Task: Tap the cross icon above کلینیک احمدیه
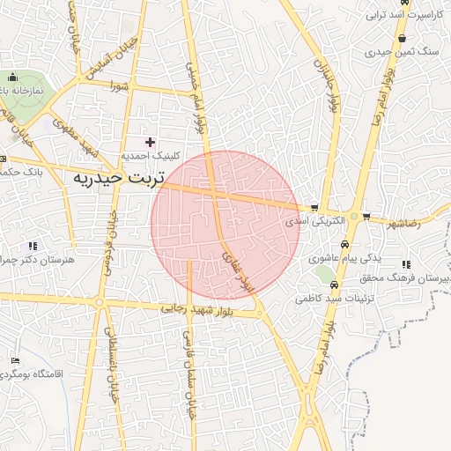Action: click(x=150, y=141)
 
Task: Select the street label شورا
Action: click(x=119, y=86)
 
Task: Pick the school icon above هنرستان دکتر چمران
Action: click(x=33, y=246)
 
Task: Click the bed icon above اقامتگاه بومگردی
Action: click(x=13, y=361)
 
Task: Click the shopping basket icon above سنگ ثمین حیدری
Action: click(x=403, y=39)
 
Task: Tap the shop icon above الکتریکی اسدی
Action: click(x=314, y=209)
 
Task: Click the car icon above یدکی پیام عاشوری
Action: click(x=344, y=247)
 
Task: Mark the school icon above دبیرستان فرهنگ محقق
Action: click(x=406, y=264)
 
